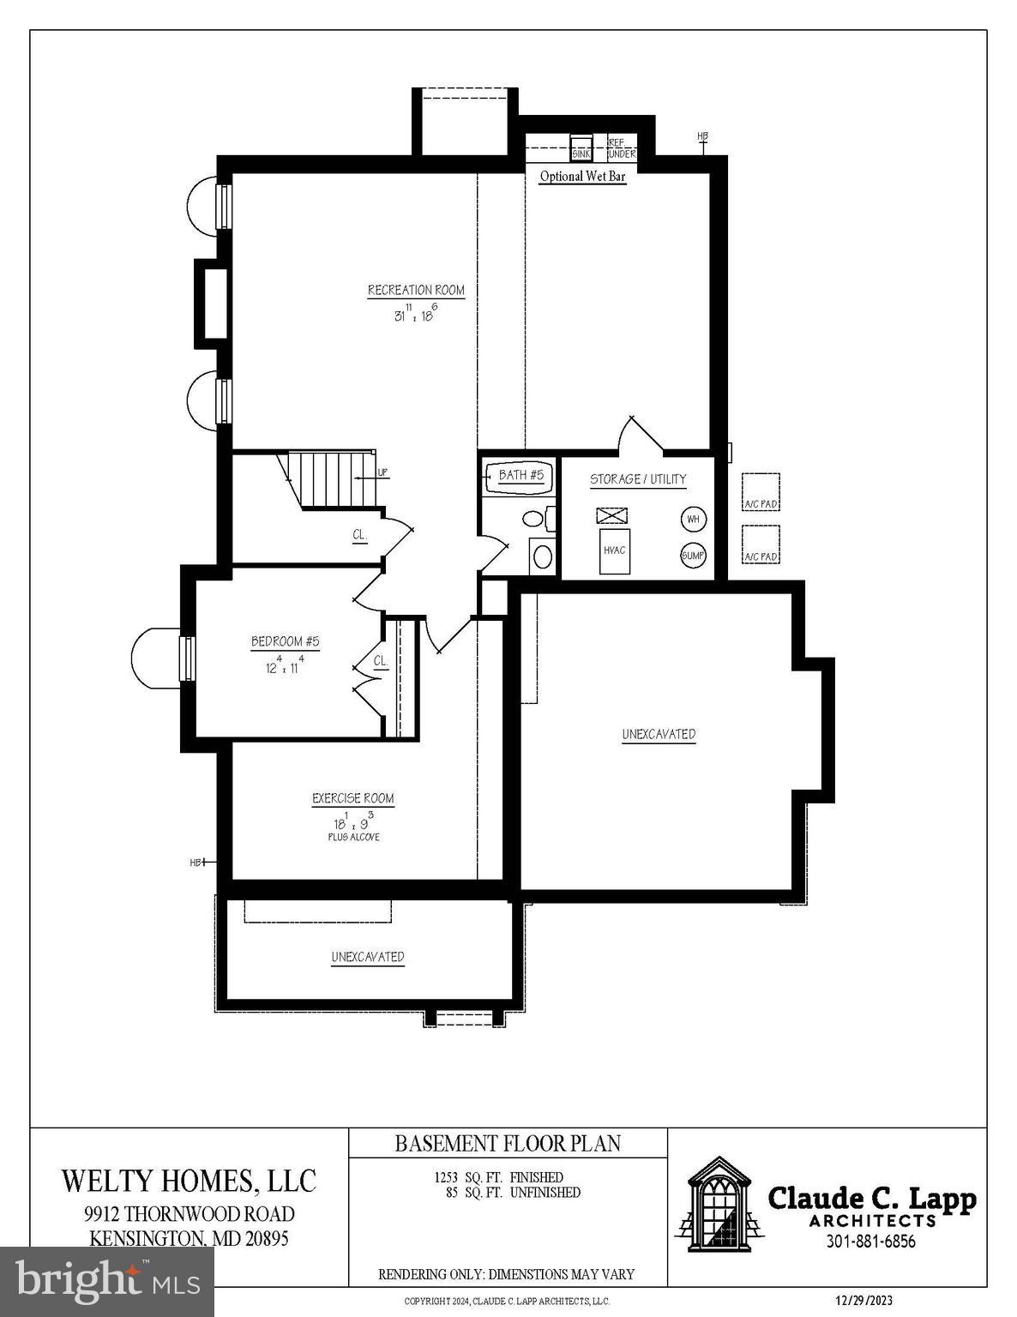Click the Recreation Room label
(416, 291)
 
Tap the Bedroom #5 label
(285, 641)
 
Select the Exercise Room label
(352, 798)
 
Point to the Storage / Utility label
(638, 479)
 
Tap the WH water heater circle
(693, 519)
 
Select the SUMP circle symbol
(693, 556)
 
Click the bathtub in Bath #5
(517, 478)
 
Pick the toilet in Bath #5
(535, 519)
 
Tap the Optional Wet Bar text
(582, 177)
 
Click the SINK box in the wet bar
(581, 148)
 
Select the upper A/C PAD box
(760, 492)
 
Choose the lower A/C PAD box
(760, 545)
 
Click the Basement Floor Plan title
(508, 1143)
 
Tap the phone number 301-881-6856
(870, 1242)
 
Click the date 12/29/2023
(864, 1301)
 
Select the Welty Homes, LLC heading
(189, 1181)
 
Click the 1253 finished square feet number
(448, 1177)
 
